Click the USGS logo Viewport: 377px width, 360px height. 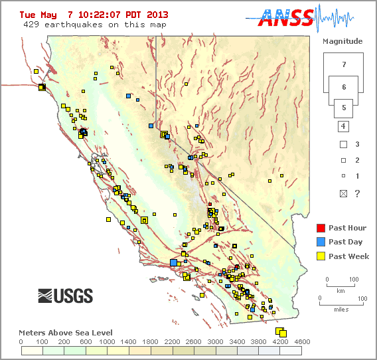[x=65, y=296]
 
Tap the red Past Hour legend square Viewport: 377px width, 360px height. [x=321, y=228]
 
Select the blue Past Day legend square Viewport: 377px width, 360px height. [x=321, y=242]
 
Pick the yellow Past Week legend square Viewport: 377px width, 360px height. [x=321, y=256]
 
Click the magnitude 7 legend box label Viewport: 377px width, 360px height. [x=343, y=65]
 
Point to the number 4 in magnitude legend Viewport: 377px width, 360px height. [x=343, y=126]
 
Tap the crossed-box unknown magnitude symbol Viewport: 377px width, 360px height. [x=343, y=193]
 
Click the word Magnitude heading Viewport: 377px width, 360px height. [x=342, y=41]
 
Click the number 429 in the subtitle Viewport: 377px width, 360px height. [x=31, y=25]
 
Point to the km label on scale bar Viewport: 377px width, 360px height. [x=340, y=291]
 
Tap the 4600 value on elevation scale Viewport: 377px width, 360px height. [x=302, y=341]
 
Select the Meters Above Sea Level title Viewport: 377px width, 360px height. [x=65, y=332]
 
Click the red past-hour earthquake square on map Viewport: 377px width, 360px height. [x=210, y=204]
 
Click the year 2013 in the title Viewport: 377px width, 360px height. [x=157, y=15]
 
